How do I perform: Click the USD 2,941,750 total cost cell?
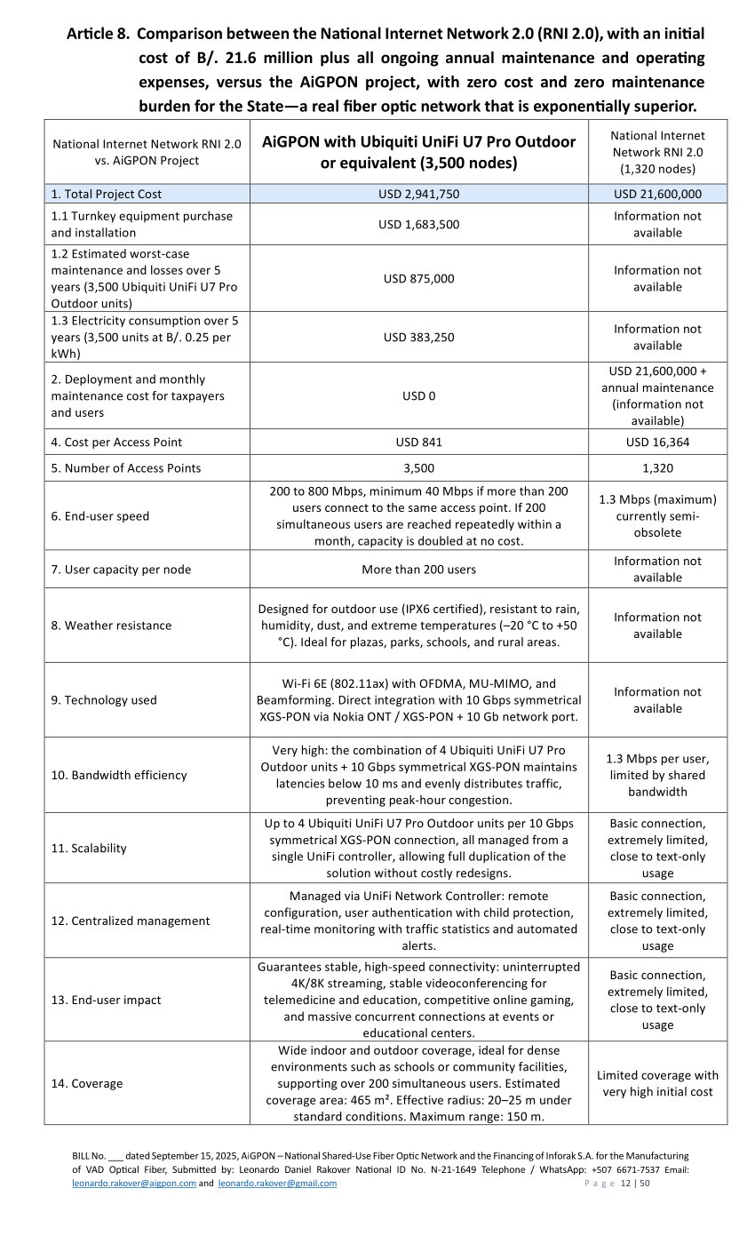(418, 194)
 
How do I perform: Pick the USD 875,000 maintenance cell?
(418, 278)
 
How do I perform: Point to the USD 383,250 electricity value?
(418, 337)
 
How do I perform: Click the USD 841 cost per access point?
(418, 442)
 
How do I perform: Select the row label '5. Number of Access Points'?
(126, 468)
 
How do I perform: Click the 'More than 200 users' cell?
(418, 570)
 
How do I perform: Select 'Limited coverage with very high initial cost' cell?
(657, 1084)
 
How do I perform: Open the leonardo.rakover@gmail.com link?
(277, 1184)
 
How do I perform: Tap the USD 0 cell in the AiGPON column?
(418, 395)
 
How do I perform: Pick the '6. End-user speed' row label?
(99, 516)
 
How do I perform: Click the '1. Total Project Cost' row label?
(107, 194)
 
